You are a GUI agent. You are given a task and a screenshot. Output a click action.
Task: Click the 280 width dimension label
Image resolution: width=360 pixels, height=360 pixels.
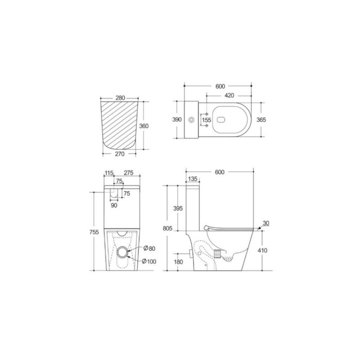[x=120, y=98]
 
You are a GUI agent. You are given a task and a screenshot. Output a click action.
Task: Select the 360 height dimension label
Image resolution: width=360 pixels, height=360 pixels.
[x=144, y=126]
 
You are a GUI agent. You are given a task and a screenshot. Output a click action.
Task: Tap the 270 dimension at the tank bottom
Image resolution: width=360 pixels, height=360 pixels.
[x=120, y=154]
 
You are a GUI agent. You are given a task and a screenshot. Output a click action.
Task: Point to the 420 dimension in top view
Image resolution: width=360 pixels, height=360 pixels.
[x=229, y=95]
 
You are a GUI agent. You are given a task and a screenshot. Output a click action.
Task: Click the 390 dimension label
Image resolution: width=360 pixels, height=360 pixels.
[x=177, y=119]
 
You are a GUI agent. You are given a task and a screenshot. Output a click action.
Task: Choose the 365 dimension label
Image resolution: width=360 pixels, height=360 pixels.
[x=261, y=120]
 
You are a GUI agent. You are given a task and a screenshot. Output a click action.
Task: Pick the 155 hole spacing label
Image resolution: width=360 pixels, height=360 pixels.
[x=207, y=120]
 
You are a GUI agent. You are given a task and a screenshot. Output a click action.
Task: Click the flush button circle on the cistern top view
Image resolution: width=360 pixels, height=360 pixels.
[x=191, y=120]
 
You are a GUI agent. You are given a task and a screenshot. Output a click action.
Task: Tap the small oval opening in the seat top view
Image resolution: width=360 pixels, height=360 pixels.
[x=221, y=120]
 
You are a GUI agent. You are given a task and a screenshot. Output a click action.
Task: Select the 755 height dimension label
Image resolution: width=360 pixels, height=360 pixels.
[x=94, y=232]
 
